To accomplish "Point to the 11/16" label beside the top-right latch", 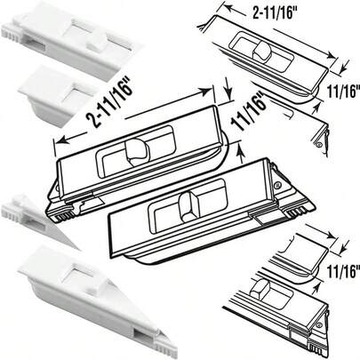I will [x=341, y=92].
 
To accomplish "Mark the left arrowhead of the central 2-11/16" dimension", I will [x=59, y=140].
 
